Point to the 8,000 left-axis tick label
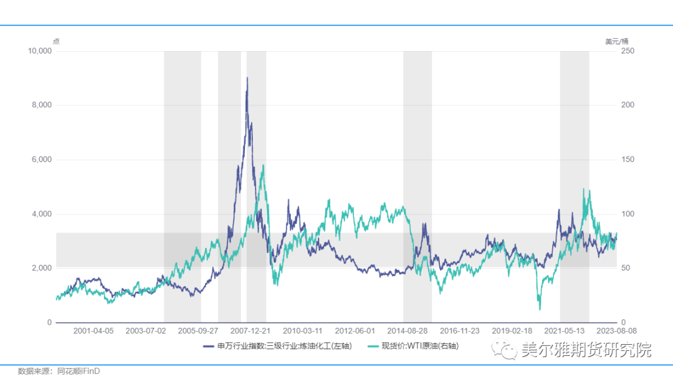pyautogui.click(x=41, y=105)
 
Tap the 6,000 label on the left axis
pyautogui.click(x=41, y=160)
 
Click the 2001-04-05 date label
pyautogui.click(x=93, y=330)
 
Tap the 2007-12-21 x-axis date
pyautogui.click(x=250, y=330)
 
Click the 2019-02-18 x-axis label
pyautogui.click(x=512, y=330)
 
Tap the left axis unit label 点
pyautogui.click(x=56, y=42)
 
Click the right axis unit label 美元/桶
pyautogui.click(x=616, y=42)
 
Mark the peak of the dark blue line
pyautogui.click(x=247, y=77)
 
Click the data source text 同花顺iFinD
pyautogui.click(x=79, y=371)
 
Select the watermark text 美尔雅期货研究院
pyautogui.click(x=586, y=350)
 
